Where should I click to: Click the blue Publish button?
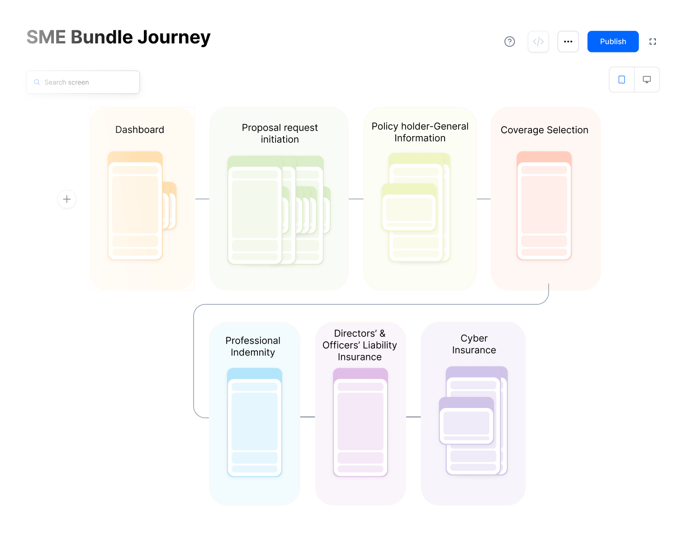click(x=613, y=42)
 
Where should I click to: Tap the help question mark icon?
click(x=510, y=42)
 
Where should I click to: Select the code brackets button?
click(x=538, y=42)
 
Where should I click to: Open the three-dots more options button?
click(x=568, y=42)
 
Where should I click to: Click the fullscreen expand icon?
click(x=653, y=42)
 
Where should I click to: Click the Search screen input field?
click(x=83, y=82)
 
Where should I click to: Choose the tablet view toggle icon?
click(x=622, y=80)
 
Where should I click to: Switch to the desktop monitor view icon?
click(x=647, y=80)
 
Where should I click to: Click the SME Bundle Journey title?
click(x=118, y=37)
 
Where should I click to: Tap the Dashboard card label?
click(x=140, y=130)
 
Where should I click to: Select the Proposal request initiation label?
click(x=280, y=133)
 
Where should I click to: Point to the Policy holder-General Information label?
click(x=420, y=132)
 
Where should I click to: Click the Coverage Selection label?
click(x=545, y=130)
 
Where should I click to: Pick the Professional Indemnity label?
click(x=253, y=346)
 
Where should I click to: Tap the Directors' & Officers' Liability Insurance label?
click(x=360, y=345)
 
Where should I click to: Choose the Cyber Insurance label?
click(x=474, y=344)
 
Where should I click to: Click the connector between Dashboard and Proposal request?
click(x=202, y=199)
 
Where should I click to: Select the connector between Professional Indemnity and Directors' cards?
click(x=308, y=417)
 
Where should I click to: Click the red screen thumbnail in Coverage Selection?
click(x=544, y=206)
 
